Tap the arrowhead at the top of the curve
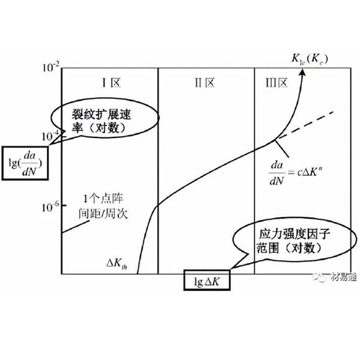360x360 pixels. point(304,70)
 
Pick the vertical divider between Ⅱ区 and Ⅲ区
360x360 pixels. point(254,180)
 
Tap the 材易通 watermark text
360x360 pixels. point(338,277)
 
